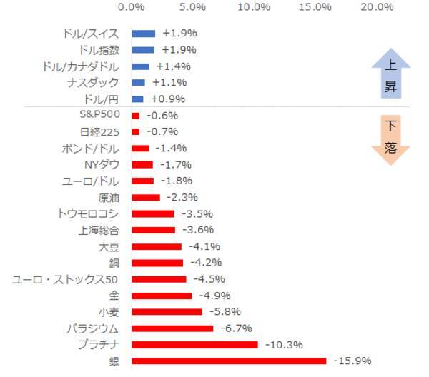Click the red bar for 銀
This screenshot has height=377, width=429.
[x=229, y=361]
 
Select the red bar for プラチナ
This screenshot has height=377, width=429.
[x=194, y=344]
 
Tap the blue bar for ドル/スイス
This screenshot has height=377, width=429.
[x=143, y=34]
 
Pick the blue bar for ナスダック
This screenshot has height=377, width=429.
[x=138, y=83]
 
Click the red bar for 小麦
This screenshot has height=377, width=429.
[x=167, y=311]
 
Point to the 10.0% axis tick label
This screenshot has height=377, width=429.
[x=254, y=7]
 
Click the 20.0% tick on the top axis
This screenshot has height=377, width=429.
[x=378, y=7]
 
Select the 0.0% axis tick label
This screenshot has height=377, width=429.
[x=132, y=7]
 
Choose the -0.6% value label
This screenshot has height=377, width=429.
[x=162, y=116]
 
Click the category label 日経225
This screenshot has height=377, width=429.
[x=99, y=131]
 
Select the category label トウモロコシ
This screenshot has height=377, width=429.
[x=88, y=213]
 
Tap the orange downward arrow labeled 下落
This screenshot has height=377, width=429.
[x=390, y=139]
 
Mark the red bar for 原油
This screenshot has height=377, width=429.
[x=146, y=197]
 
